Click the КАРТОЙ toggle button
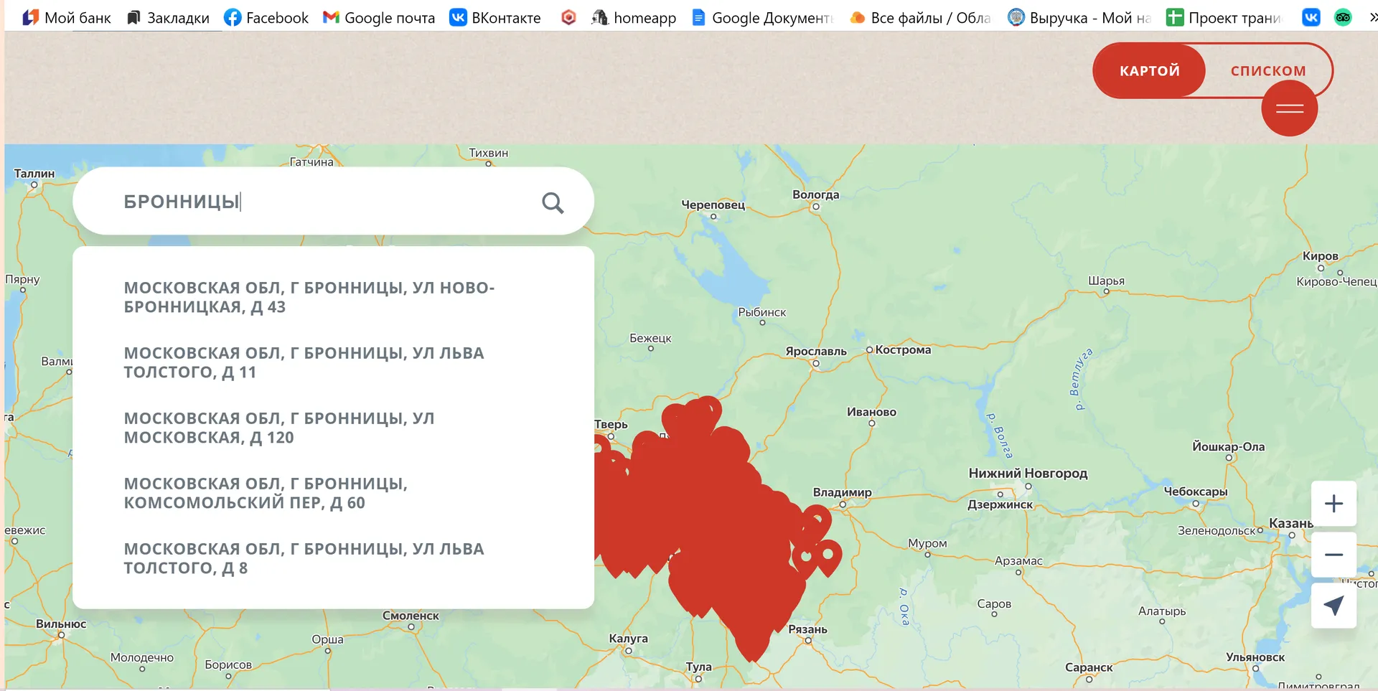coord(1149,70)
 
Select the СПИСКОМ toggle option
coord(1267,70)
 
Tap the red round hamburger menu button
coord(1289,108)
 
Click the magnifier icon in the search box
coord(552,203)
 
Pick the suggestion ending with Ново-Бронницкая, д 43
coord(309,297)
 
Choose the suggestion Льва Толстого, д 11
coord(304,362)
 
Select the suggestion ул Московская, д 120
coord(279,428)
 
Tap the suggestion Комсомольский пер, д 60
coord(266,493)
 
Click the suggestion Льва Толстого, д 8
coord(304,558)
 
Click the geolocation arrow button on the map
coord(1333,606)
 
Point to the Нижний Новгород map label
coord(1028,474)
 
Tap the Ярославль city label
coord(815,352)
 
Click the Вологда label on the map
coord(815,195)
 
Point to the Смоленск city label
coord(411,616)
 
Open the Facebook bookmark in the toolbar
coord(266,18)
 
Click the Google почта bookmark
coord(379,18)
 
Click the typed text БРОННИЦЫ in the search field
coord(181,202)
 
